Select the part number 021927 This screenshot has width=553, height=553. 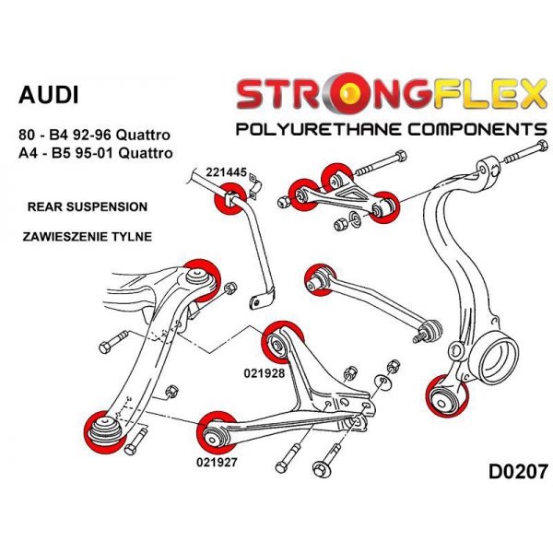coord(218,463)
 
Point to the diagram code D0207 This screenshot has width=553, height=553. coord(511,472)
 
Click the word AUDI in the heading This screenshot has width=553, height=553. coord(49,95)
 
